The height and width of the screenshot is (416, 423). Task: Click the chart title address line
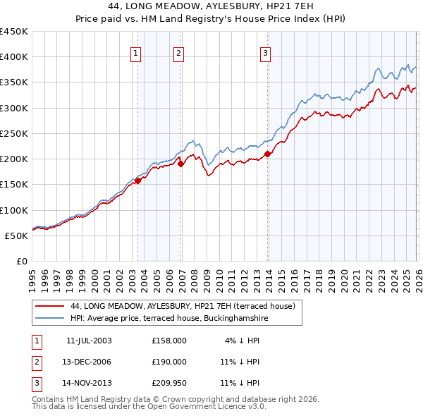(211, 7)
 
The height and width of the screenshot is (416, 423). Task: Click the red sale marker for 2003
(138, 180)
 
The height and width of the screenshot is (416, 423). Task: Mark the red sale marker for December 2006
(180, 164)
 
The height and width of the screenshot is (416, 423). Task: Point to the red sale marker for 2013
(268, 154)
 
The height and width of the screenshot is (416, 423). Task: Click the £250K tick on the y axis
(14, 133)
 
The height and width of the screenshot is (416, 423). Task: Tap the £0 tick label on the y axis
(21, 261)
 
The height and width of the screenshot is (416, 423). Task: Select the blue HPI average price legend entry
(169, 319)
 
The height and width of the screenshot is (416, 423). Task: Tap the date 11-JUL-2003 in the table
(89, 341)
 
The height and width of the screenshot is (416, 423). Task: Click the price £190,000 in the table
(169, 362)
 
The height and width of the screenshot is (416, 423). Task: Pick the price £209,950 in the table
(169, 384)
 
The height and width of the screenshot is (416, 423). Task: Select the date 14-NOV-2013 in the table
(89, 384)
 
